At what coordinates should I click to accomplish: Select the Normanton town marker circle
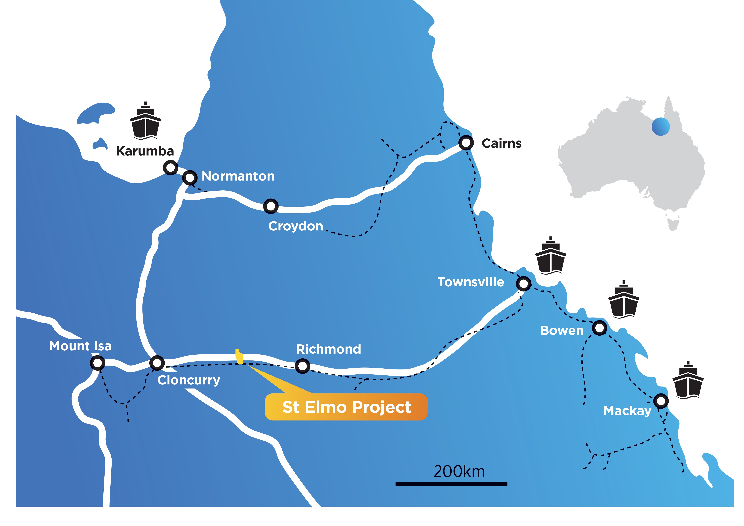190,178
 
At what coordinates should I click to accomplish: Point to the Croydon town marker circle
271,206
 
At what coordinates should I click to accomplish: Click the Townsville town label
470,282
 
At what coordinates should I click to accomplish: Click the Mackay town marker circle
661,401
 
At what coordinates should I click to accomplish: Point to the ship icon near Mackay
688,381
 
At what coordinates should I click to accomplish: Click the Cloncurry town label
189,380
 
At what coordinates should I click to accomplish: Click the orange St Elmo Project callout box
346,407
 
